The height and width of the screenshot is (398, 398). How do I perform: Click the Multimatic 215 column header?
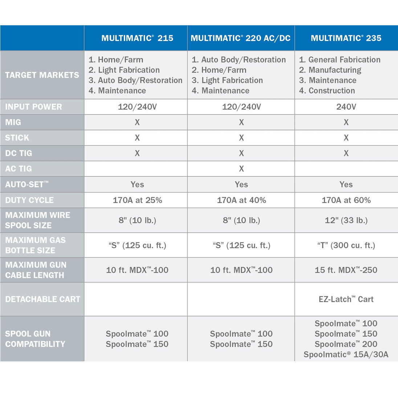(137, 38)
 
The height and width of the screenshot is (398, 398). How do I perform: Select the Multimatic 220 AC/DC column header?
(240, 38)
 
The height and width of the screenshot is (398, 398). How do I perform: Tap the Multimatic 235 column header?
(346, 38)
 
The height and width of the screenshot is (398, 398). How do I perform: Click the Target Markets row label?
(42, 75)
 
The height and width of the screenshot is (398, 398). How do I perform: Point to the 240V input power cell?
(346, 107)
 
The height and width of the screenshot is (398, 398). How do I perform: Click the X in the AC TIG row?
(241, 169)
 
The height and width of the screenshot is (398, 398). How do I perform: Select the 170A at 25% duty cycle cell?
(137, 200)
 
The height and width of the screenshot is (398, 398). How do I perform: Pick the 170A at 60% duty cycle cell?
(346, 200)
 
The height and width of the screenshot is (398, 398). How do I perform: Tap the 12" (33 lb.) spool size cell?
(346, 220)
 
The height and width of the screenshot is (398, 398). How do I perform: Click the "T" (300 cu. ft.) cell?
(346, 245)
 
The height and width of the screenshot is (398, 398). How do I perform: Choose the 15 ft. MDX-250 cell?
(346, 270)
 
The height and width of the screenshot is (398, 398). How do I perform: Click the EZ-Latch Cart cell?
(346, 299)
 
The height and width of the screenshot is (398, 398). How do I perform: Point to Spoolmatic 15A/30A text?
(346, 354)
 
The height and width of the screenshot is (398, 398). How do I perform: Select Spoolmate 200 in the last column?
(346, 344)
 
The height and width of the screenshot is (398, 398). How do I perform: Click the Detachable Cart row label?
(42, 299)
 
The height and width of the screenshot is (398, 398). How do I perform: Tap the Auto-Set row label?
(27, 184)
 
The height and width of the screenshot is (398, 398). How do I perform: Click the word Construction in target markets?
(332, 91)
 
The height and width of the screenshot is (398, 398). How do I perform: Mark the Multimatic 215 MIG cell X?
(137, 122)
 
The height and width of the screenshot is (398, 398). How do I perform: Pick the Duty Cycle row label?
(29, 200)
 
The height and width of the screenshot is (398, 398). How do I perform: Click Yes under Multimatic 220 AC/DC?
(241, 184)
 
